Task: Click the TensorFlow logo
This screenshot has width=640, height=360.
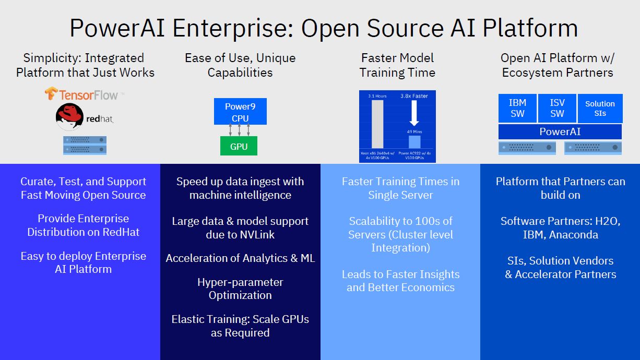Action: coord(84,94)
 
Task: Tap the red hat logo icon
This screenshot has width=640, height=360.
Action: coord(69,116)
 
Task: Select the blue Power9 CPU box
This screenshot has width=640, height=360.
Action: coord(240,112)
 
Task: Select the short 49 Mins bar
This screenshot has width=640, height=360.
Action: coord(414,141)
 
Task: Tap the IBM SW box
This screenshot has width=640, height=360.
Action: coord(517,108)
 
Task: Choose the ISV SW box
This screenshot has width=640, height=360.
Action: coord(557,108)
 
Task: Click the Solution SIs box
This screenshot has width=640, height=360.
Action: coord(600,108)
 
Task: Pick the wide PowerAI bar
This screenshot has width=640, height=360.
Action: coord(560,131)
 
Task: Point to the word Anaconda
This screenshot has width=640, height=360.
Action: coord(574,235)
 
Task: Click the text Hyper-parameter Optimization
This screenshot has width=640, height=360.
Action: coord(240,289)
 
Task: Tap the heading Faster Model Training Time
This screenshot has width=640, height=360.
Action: coord(397,65)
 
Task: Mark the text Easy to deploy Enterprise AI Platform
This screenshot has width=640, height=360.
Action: coord(84,262)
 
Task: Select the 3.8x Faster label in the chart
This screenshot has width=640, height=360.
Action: coord(413,96)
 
